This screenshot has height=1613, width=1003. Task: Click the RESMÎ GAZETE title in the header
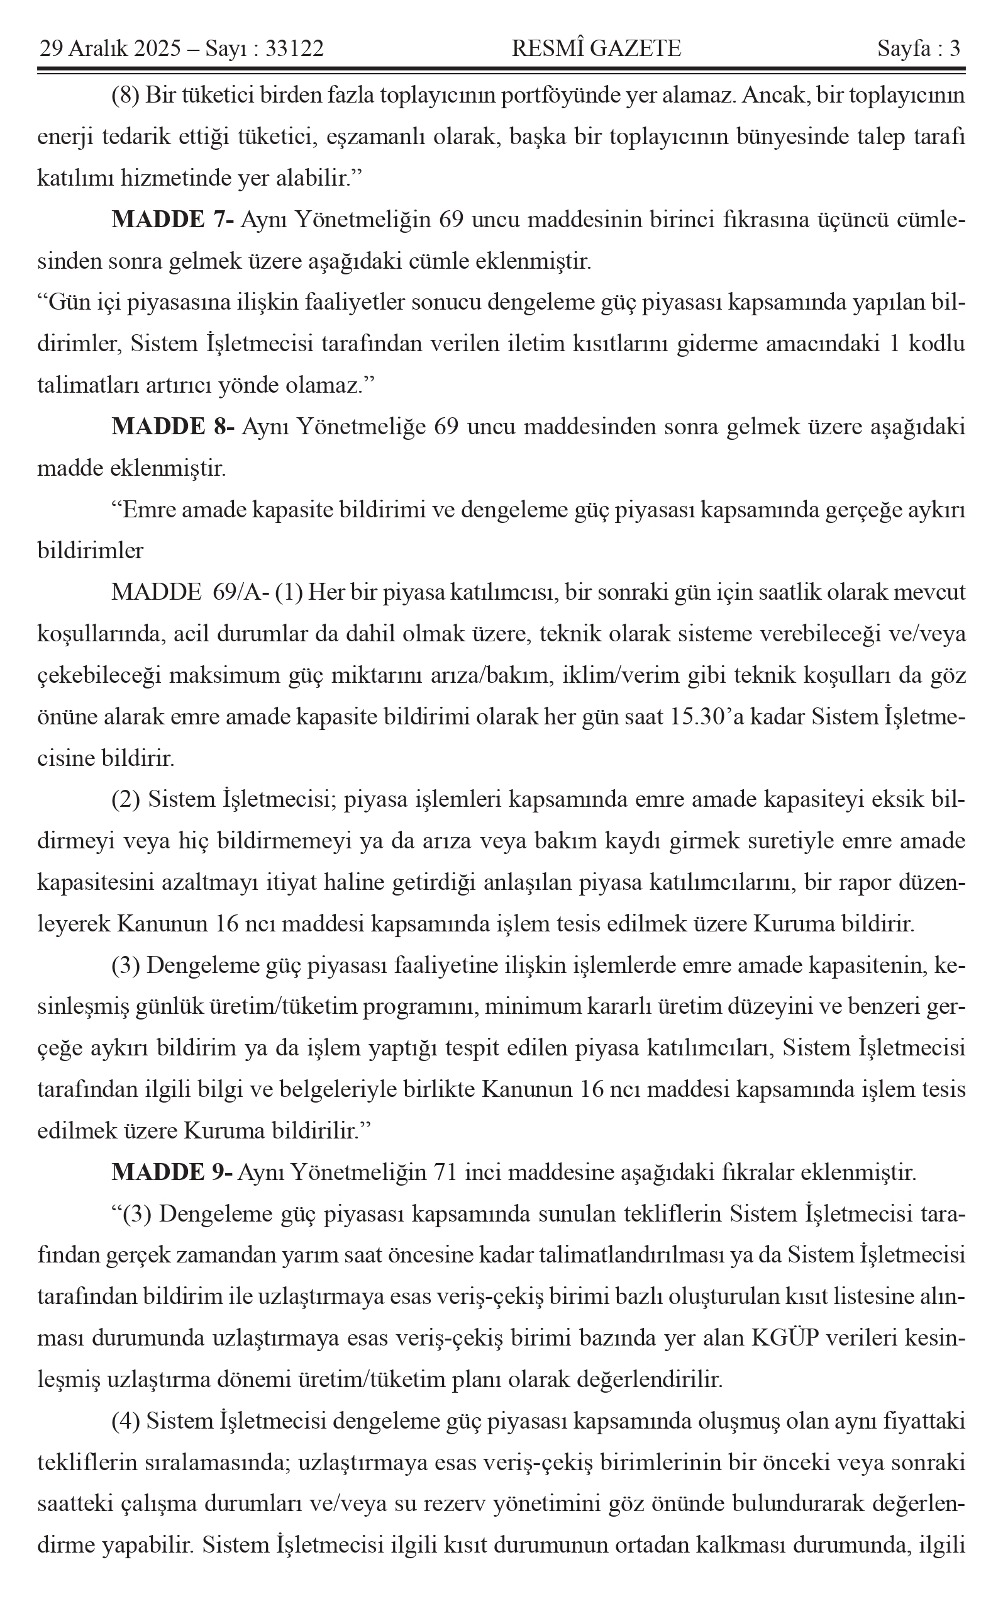click(x=596, y=48)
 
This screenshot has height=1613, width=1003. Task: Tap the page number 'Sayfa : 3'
click(x=919, y=48)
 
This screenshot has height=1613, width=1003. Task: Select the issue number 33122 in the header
click(x=294, y=48)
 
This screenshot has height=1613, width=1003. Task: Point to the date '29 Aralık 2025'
click(x=110, y=48)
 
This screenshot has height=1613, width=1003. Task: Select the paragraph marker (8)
click(x=125, y=96)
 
